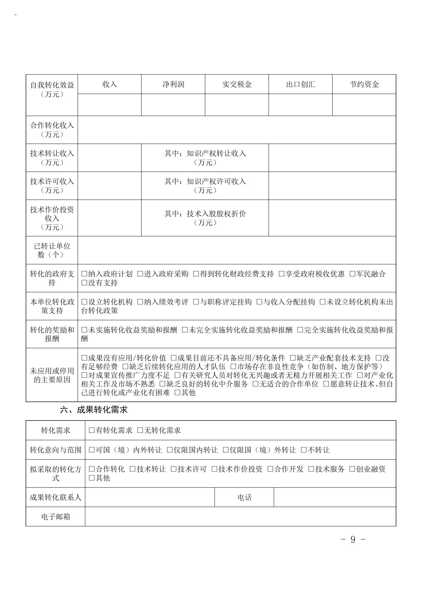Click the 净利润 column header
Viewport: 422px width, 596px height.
pos(173,84)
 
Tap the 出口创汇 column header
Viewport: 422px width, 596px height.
pos(300,84)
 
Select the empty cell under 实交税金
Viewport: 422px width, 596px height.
pos(237,105)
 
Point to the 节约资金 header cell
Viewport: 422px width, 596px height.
pos(364,84)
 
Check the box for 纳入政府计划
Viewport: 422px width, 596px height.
pos(84,274)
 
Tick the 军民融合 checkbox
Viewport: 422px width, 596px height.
pos(352,274)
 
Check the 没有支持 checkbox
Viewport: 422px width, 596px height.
pos(84,283)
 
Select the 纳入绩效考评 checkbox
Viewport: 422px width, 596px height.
pos(140,302)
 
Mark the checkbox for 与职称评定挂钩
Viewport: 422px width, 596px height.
pos(196,302)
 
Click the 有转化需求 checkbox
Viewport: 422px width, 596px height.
pos(92,430)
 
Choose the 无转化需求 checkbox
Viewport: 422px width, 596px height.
pos(140,430)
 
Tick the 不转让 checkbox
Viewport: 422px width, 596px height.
pos(304,450)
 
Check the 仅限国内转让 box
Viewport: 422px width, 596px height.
pos(170,450)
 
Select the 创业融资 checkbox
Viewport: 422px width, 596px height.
pos(352,469)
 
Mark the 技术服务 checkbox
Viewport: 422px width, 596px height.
pos(311,469)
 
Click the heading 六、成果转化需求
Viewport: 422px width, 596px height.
pos(94,410)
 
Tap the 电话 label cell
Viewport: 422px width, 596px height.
pos(244,497)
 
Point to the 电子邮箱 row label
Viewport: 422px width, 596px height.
pos(56,517)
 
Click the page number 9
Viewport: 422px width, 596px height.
pos(353,540)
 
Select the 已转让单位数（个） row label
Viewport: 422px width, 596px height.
pos(52,250)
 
